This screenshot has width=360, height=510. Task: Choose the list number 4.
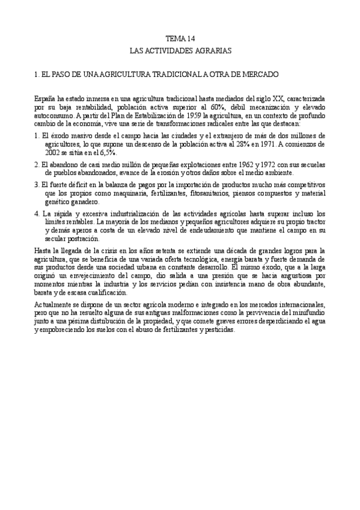37,214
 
